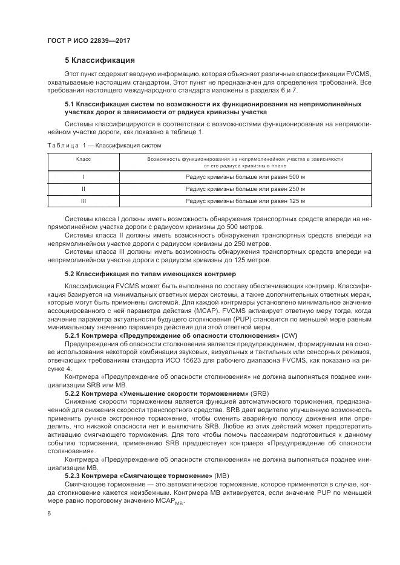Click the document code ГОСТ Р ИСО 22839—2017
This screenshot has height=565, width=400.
pos(89,40)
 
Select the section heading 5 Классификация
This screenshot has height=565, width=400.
pos(100,60)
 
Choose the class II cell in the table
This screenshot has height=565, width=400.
pos(83,189)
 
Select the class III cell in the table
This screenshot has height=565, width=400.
pos(83,201)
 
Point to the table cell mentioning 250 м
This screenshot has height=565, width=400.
pos(245,189)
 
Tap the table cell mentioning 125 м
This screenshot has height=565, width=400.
pos(245,201)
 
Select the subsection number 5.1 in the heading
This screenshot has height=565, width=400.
pos(70,105)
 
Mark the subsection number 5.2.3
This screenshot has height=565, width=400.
pos(75,475)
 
